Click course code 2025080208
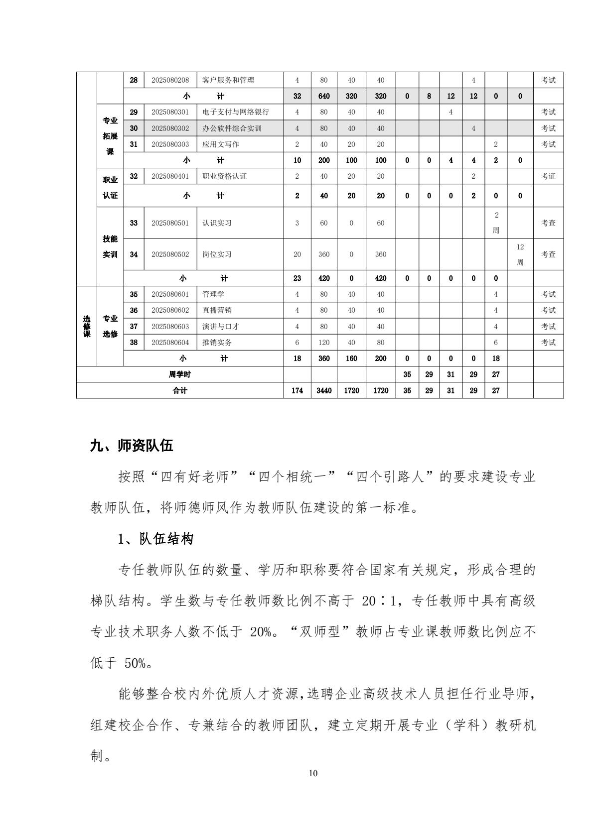pyautogui.click(x=170, y=80)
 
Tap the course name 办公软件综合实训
pyautogui.click(x=232, y=128)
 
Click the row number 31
pyautogui.click(x=134, y=144)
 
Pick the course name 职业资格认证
pyautogui.click(x=224, y=176)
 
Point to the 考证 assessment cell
pyautogui.click(x=548, y=176)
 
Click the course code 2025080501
pyautogui.click(x=170, y=223)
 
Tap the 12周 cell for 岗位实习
pyautogui.click(x=520, y=254)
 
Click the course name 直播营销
pyautogui.click(x=217, y=310)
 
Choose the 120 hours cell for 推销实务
pyautogui.click(x=324, y=343)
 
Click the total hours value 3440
pyautogui.click(x=324, y=390)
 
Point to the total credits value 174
pyautogui.click(x=297, y=390)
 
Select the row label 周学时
pyautogui.click(x=179, y=374)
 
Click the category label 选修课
pyautogui.click(x=87, y=326)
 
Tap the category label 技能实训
pyautogui.click(x=110, y=247)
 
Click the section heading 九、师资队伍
pyautogui.click(x=131, y=445)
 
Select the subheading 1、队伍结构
pyautogui.click(x=155, y=539)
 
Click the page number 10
pyautogui.click(x=313, y=773)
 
